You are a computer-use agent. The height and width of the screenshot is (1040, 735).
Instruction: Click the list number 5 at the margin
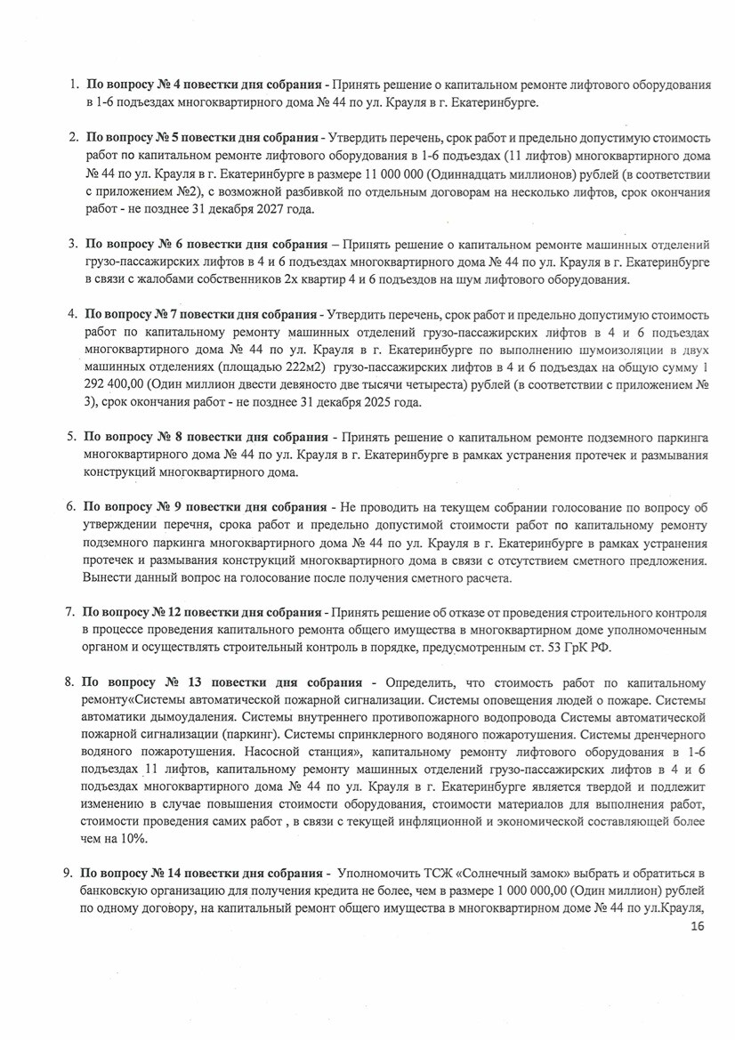70,437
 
